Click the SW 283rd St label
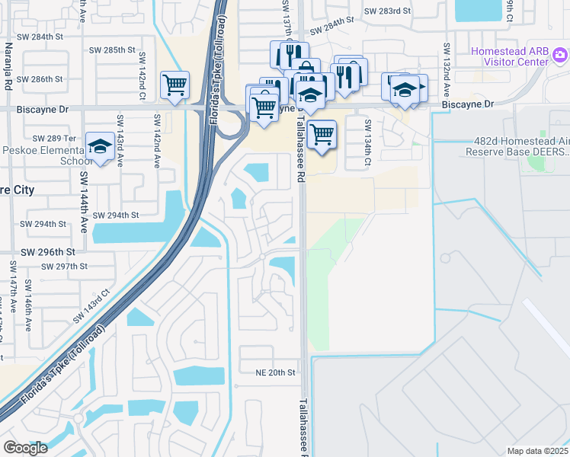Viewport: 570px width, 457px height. pyautogui.click(x=387, y=11)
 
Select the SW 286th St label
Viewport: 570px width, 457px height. pyautogui.click(x=40, y=79)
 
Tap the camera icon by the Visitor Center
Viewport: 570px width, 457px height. pyautogui.click(x=560, y=55)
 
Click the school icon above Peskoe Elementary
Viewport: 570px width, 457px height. pyautogui.click(x=99, y=146)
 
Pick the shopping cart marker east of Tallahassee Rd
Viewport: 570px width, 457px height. pyautogui.click(x=322, y=134)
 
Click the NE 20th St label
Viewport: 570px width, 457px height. pyautogui.click(x=274, y=372)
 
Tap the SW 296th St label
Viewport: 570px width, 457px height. pyautogui.click(x=48, y=251)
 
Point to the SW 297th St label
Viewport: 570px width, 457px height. pyautogui.click(x=66, y=267)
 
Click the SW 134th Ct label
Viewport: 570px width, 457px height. pyautogui.click(x=367, y=144)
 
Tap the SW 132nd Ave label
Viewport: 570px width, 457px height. pyautogui.click(x=447, y=67)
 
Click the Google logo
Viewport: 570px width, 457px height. pyautogui.click(x=24, y=448)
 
